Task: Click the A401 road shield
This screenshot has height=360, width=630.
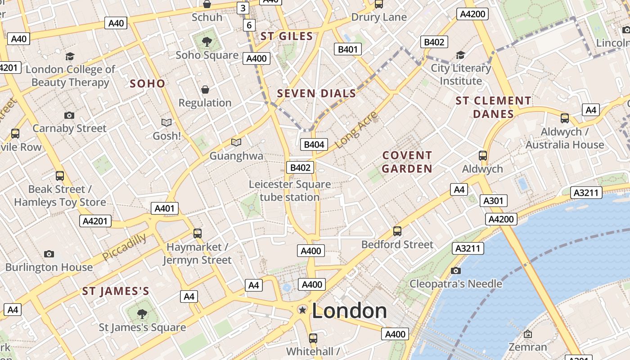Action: (x=164, y=208)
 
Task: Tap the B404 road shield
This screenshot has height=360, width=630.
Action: (x=314, y=144)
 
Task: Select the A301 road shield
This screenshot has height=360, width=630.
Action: (x=493, y=201)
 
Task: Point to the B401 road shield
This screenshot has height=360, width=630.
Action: (x=347, y=49)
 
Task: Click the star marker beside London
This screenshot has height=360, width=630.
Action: (x=303, y=310)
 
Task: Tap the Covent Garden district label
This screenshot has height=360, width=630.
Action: (x=407, y=162)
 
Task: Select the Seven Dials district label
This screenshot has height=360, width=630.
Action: (x=316, y=94)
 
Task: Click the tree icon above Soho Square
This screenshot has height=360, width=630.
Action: (x=207, y=42)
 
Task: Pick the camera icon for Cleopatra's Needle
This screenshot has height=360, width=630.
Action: (x=456, y=270)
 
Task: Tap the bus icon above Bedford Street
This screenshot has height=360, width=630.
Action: (x=397, y=231)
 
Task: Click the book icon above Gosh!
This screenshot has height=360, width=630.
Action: (x=166, y=122)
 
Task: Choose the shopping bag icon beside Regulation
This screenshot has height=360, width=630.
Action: (x=205, y=90)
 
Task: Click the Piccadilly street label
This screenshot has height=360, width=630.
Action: (x=124, y=247)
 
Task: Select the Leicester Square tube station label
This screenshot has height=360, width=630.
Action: (x=290, y=191)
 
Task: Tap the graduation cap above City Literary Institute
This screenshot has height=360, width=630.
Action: (x=460, y=55)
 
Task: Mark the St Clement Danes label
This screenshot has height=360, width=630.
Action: (x=493, y=107)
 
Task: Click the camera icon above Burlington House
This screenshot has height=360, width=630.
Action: (x=49, y=254)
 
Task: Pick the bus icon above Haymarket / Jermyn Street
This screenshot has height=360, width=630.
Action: (x=198, y=233)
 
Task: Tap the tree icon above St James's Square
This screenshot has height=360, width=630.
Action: (x=142, y=314)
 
